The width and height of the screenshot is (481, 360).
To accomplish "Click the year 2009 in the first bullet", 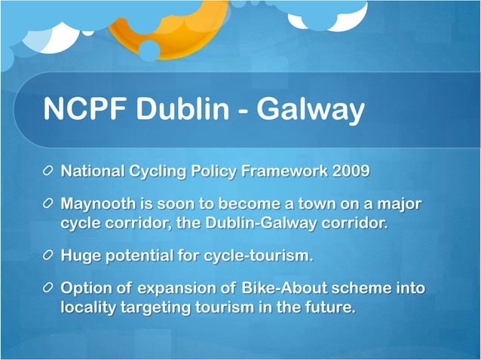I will click(351, 171).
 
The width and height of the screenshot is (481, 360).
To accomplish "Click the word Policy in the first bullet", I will click(212, 171).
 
